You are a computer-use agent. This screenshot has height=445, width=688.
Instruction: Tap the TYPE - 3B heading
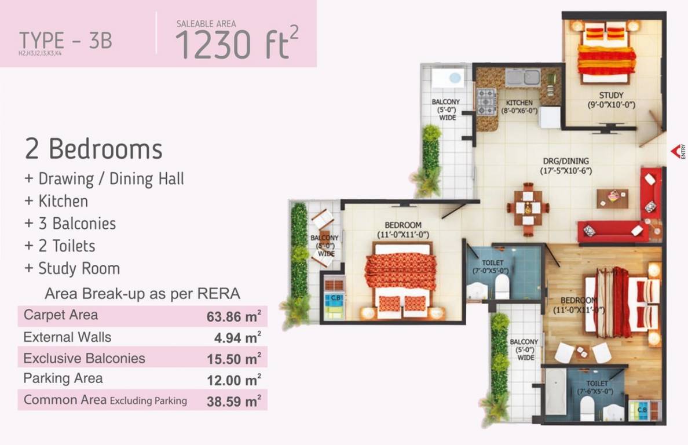(x=65, y=41)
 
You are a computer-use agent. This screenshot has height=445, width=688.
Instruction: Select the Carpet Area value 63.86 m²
(x=233, y=316)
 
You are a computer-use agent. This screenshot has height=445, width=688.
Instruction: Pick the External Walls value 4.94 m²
(x=237, y=338)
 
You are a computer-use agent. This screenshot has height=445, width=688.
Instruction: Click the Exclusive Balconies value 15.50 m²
(x=233, y=359)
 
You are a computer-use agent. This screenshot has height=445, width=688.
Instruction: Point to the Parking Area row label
(x=63, y=379)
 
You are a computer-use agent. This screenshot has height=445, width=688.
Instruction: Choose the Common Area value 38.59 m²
(x=233, y=400)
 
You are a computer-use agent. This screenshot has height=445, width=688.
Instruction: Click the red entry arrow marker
(x=675, y=150)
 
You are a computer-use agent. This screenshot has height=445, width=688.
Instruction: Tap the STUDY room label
(x=611, y=96)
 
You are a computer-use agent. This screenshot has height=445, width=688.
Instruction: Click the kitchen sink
(x=522, y=77)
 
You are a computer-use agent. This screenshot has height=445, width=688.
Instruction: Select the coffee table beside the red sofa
(x=612, y=198)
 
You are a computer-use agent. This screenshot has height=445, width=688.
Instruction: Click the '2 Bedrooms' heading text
(x=93, y=149)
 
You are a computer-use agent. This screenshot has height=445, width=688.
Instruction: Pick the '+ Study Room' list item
(x=72, y=269)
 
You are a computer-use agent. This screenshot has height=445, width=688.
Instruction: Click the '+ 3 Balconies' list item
(x=70, y=224)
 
